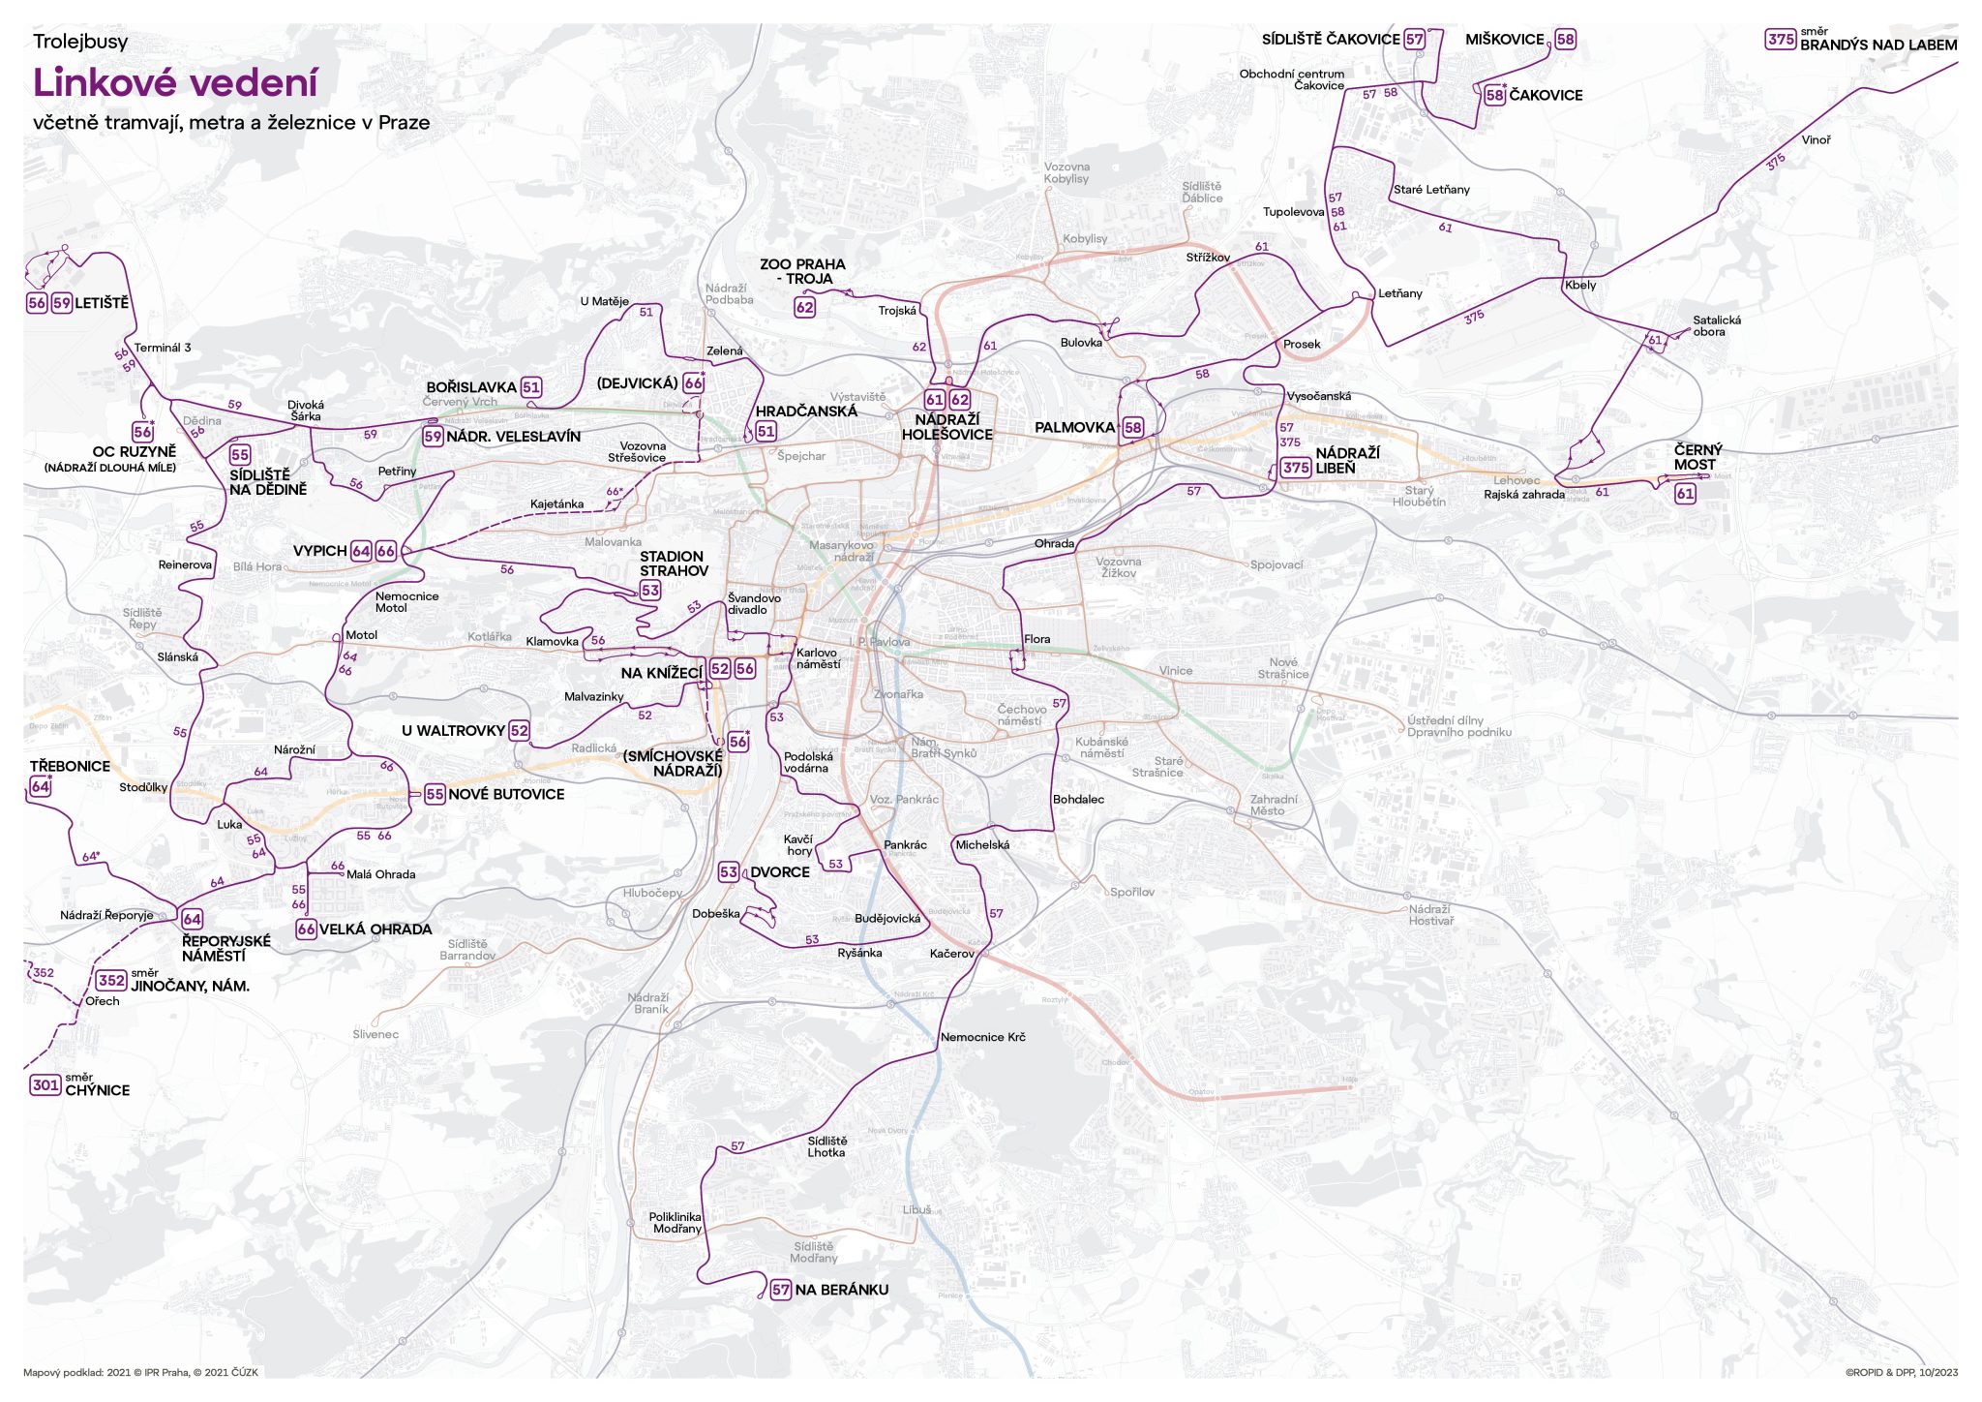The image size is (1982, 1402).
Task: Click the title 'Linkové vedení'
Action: [175, 83]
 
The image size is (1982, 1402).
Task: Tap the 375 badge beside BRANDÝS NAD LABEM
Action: [1780, 40]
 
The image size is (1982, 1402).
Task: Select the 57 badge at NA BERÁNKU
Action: [781, 1290]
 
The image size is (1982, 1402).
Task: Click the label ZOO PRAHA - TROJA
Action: [802, 271]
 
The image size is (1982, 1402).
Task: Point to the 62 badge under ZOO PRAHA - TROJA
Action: [804, 308]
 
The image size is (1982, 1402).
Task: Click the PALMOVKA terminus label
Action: [1074, 427]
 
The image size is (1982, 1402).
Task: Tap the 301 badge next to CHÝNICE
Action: [45, 1085]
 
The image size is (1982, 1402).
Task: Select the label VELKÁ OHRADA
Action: [375, 930]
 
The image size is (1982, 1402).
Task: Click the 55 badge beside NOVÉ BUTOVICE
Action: [435, 794]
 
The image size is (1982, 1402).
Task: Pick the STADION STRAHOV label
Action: [673, 564]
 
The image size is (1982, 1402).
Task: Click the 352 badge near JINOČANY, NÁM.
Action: [111, 980]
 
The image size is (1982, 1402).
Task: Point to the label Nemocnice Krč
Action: [982, 1037]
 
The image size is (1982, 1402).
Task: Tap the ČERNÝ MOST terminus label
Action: [1697, 457]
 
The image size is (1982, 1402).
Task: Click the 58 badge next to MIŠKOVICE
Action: [1565, 40]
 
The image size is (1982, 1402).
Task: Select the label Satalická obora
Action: [1716, 326]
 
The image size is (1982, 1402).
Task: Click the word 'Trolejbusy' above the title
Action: [80, 42]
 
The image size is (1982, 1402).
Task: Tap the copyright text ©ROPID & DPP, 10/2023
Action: [1901, 1372]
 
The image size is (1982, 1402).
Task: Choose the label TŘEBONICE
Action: [70, 766]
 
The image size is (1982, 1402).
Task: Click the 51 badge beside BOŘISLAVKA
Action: [531, 387]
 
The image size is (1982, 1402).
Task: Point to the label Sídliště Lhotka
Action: [826, 1146]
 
